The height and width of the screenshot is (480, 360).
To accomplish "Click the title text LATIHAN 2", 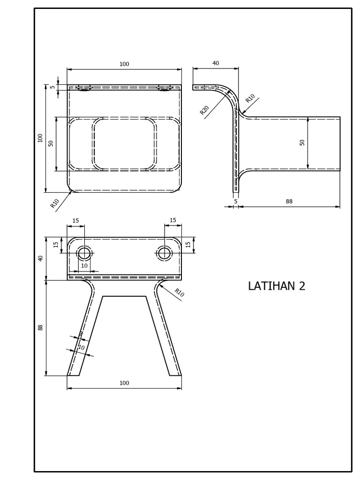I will point(277,286).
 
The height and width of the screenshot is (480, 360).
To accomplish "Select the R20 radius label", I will point(204,110).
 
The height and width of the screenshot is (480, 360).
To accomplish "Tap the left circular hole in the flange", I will point(84,254).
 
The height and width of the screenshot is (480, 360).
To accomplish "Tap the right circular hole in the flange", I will point(165,254).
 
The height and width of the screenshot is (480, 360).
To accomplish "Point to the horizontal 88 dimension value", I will point(289,201).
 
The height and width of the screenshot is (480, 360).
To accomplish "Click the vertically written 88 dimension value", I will point(41,328).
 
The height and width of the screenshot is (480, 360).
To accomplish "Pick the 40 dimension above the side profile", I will point(216,63).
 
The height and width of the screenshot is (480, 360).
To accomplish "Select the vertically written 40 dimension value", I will point(41,258).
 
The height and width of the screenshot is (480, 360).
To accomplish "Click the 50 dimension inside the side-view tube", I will point(302,142).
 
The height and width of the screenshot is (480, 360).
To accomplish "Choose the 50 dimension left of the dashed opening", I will point(51,143).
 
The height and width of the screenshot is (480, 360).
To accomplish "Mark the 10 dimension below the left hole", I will point(84,266).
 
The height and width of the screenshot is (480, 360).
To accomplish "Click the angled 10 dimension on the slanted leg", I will point(81,348).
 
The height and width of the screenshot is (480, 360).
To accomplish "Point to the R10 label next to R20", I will point(250,98).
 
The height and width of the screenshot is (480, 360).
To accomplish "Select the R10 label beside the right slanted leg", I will point(179,293).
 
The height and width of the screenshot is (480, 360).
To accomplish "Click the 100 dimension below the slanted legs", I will point(124,383).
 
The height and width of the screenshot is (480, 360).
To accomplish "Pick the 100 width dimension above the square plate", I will point(124,64).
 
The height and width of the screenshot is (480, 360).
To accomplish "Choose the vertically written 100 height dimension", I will point(41,138).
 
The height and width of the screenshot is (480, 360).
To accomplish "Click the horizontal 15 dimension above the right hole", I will point(172,220).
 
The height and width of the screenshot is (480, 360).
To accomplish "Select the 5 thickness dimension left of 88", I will point(236,201).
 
